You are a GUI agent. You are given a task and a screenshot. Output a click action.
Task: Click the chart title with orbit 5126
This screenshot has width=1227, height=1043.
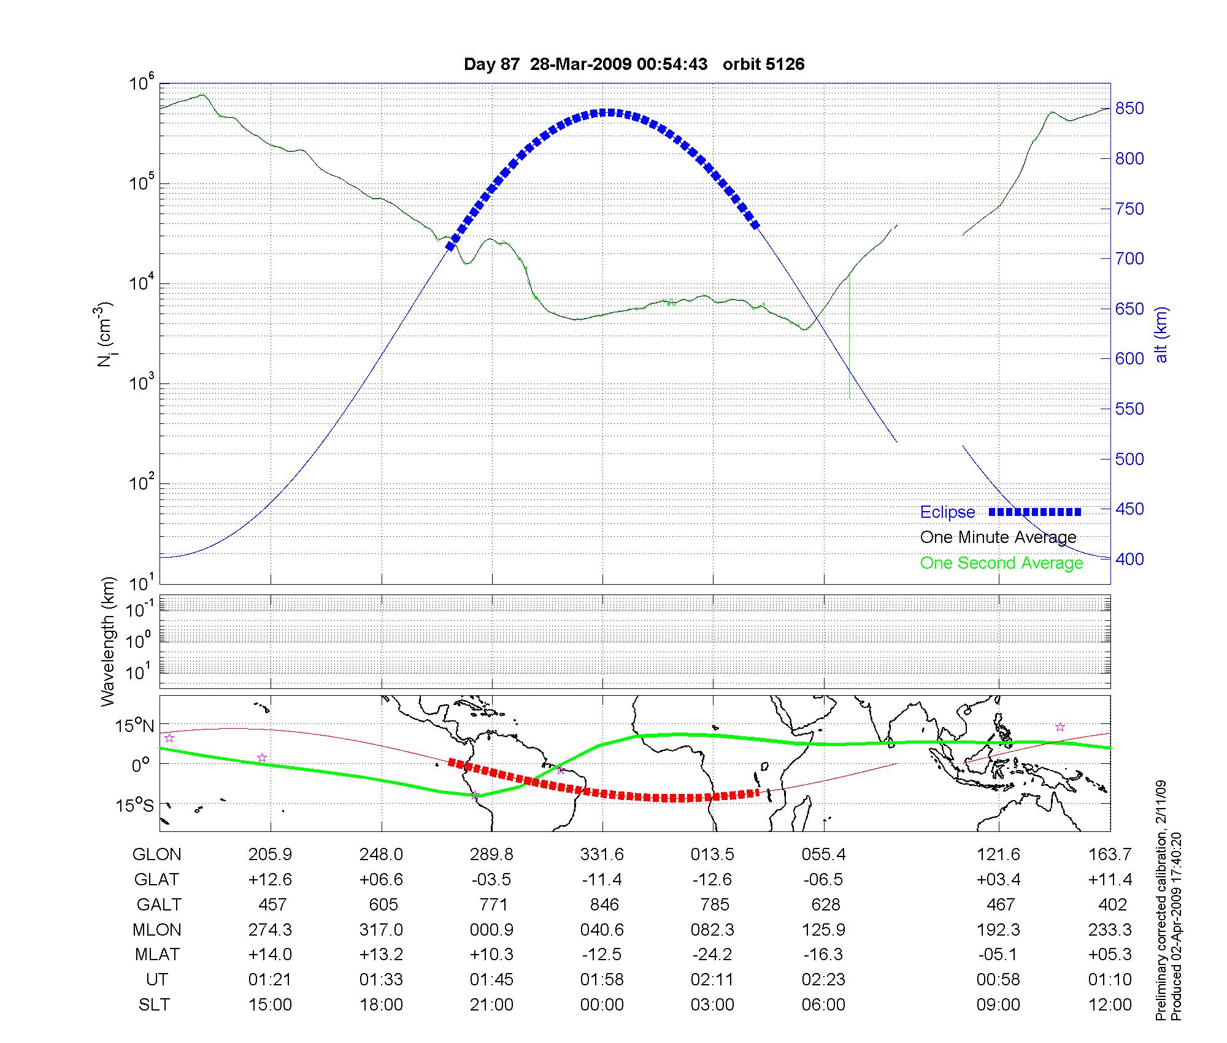point(634,64)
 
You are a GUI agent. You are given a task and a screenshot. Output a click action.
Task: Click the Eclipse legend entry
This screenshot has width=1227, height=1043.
point(947,512)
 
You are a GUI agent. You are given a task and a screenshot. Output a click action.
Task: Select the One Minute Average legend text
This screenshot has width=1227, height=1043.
point(998,537)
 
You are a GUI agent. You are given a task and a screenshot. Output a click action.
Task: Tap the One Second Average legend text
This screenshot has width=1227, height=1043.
point(1001,563)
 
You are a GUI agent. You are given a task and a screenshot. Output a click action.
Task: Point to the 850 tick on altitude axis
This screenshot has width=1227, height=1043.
point(1129,109)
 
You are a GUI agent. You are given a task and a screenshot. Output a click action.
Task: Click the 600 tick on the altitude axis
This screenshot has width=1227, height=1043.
point(1129,359)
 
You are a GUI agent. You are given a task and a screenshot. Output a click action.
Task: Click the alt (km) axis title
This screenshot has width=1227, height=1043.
point(1161,334)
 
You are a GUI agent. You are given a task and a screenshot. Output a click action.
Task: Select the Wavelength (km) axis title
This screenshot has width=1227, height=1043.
point(108,642)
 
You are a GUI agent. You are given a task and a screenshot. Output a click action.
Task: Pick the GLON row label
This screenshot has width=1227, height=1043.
point(157,855)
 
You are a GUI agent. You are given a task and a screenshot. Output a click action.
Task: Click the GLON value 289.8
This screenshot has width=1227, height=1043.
point(491,855)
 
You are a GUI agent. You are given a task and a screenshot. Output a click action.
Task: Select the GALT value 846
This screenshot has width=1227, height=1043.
point(604,905)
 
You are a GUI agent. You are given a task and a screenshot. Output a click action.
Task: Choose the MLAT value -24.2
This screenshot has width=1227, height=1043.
point(712,955)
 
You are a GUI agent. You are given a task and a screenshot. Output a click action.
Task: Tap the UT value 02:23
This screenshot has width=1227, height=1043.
point(823,980)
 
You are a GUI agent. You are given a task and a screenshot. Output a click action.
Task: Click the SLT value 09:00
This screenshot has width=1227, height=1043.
point(999,1005)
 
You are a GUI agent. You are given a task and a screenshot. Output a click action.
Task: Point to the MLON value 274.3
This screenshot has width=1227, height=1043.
point(270,930)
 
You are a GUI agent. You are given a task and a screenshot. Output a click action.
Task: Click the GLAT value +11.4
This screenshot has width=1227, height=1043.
point(1110,880)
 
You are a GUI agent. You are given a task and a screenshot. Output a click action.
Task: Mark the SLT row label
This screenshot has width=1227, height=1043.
point(154,1005)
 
